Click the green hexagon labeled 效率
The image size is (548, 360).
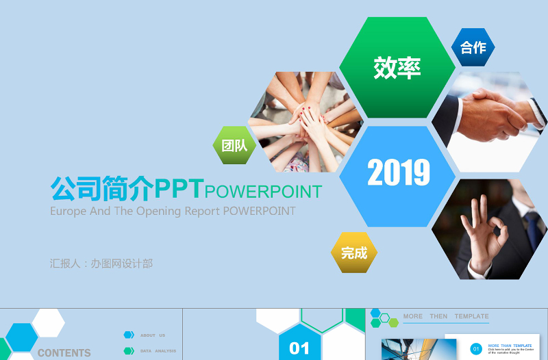[x=397, y=67]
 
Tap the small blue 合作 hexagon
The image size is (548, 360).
[x=473, y=47]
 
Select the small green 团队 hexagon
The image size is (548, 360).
[x=234, y=145]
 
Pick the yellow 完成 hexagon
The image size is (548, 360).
[x=354, y=253]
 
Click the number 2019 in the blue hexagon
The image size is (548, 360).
[x=398, y=173]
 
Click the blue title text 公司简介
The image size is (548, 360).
[x=102, y=188]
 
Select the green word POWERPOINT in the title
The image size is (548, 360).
[x=264, y=191]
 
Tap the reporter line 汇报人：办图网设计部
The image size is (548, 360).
[x=101, y=263]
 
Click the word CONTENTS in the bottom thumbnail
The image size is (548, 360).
[x=64, y=353]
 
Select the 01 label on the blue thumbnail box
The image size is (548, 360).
[x=299, y=348]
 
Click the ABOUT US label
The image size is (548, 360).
[x=153, y=335]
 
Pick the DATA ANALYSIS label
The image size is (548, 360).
[x=158, y=351]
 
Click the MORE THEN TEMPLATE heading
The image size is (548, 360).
[x=446, y=316]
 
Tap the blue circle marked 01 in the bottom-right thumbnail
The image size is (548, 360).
[x=476, y=349]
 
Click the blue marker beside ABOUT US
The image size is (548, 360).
[x=129, y=335]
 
